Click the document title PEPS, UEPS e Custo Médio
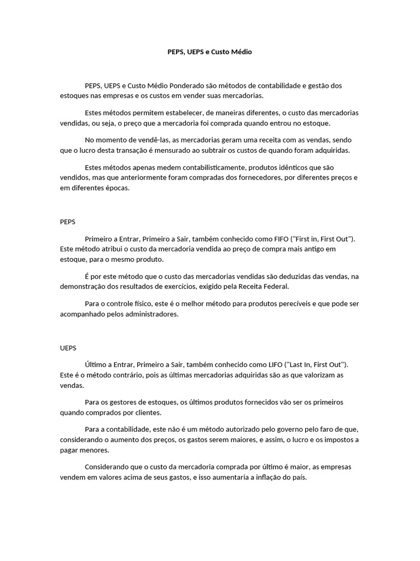tap(210, 52)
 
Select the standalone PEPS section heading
tap(67, 222)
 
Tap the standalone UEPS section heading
tap(68, 348)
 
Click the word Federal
tap(273, 287)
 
